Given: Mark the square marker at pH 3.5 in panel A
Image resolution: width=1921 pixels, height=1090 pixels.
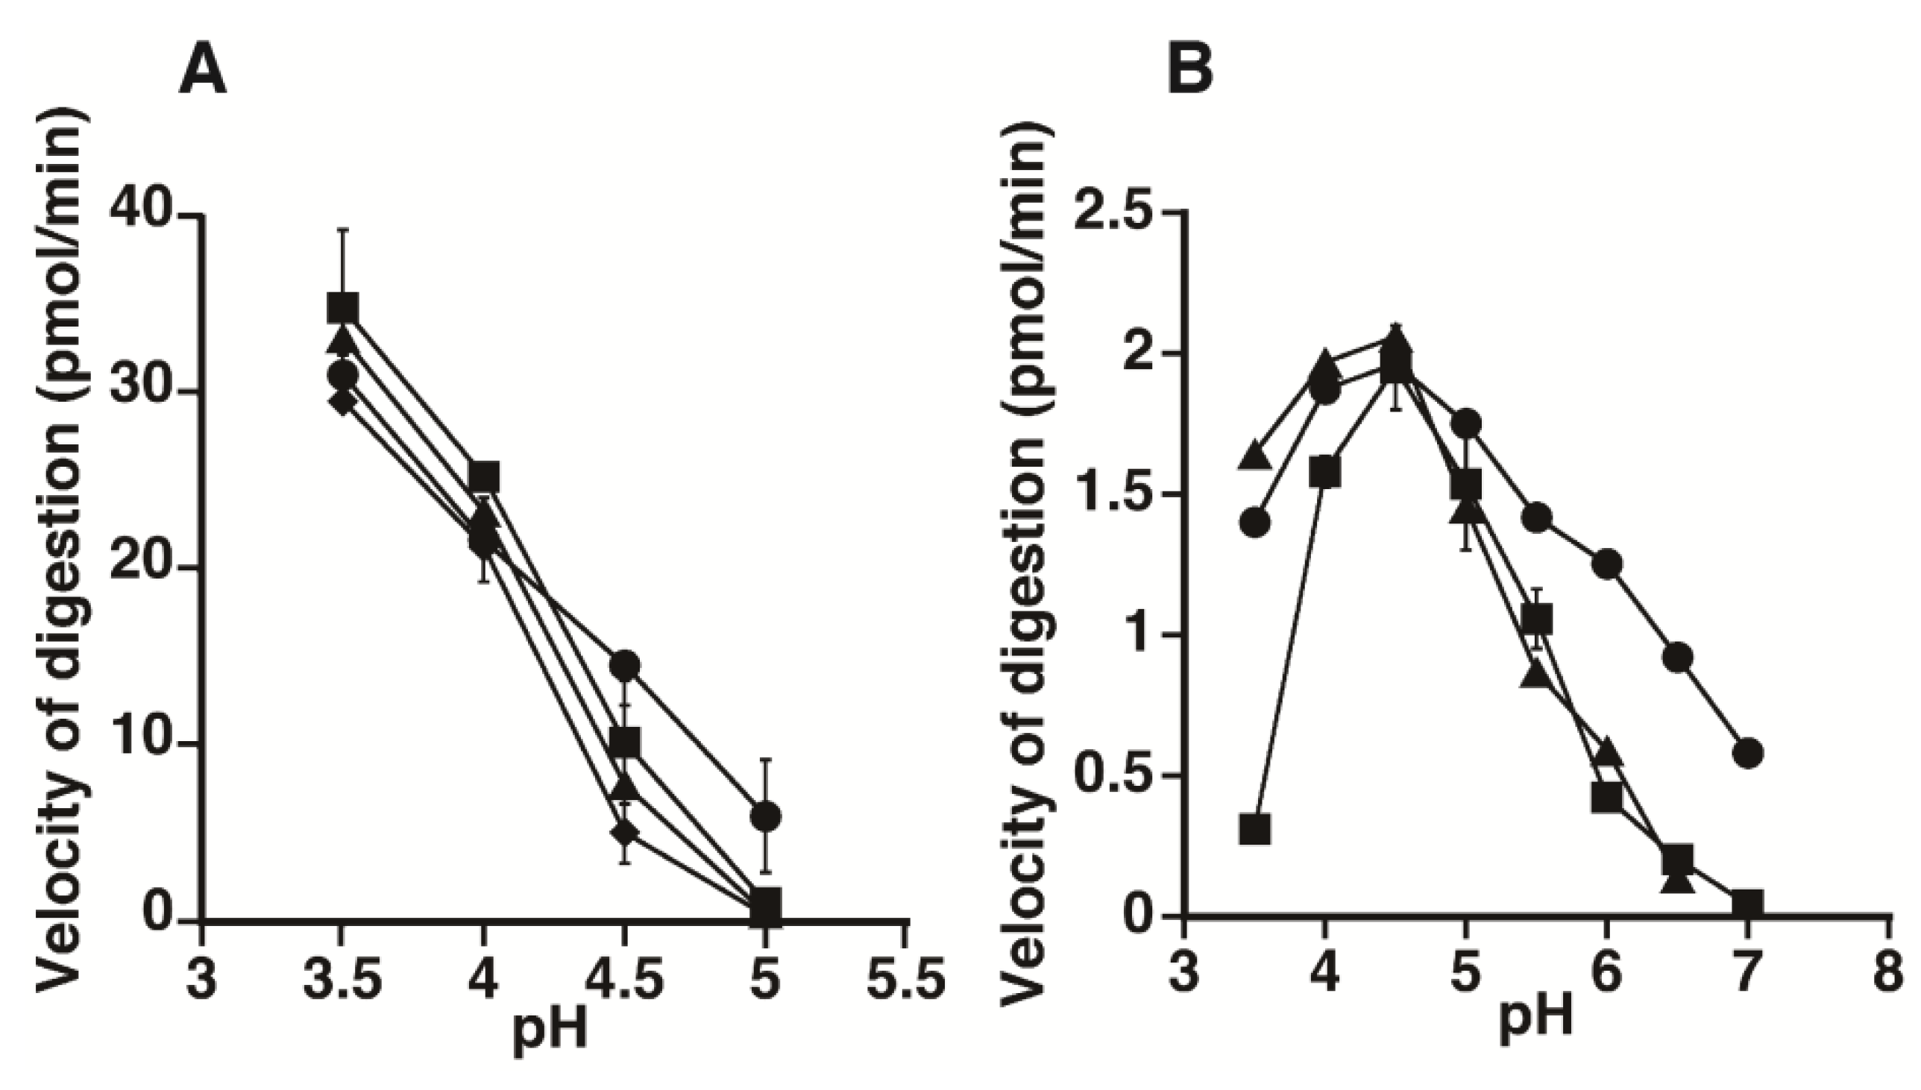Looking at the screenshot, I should coord(344,308).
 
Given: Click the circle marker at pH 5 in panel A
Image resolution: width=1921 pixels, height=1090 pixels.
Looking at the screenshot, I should coord(766,815).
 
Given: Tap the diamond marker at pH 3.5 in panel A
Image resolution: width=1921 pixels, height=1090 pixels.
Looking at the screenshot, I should coord(342,401).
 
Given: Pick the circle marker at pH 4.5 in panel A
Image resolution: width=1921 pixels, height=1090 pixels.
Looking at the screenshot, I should coord(625,664).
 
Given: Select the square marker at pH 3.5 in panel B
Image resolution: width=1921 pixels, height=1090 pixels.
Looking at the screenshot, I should coord(1256,830).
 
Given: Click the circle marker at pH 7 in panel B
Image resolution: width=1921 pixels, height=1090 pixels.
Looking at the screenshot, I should coord(1749,752).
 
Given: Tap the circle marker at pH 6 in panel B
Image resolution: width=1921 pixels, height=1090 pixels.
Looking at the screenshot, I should coord(1607,563).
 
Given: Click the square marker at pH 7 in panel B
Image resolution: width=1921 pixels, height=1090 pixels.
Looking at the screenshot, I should coord(1747,904).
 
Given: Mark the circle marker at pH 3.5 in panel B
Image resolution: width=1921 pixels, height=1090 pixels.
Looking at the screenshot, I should coord(1256,522).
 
